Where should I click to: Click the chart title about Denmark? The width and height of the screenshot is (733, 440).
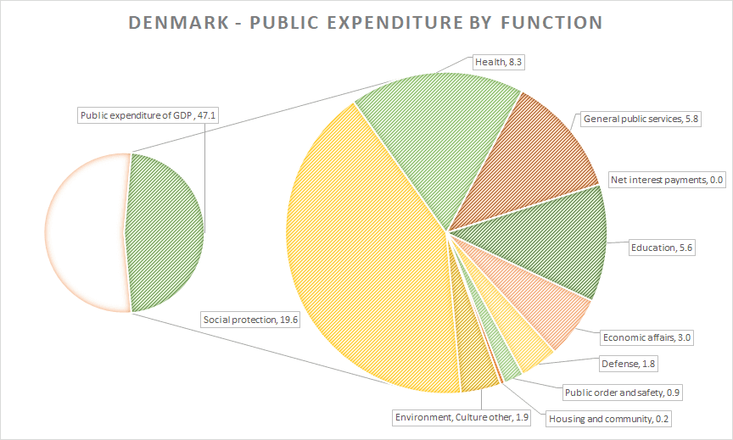[366, 21]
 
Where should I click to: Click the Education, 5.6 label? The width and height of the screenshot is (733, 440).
[662, 248]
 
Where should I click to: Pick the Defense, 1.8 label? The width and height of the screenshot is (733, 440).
[628, 365]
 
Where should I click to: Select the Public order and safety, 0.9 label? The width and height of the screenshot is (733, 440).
[622, 393]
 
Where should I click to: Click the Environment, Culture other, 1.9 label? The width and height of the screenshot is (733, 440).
[462, 417]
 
